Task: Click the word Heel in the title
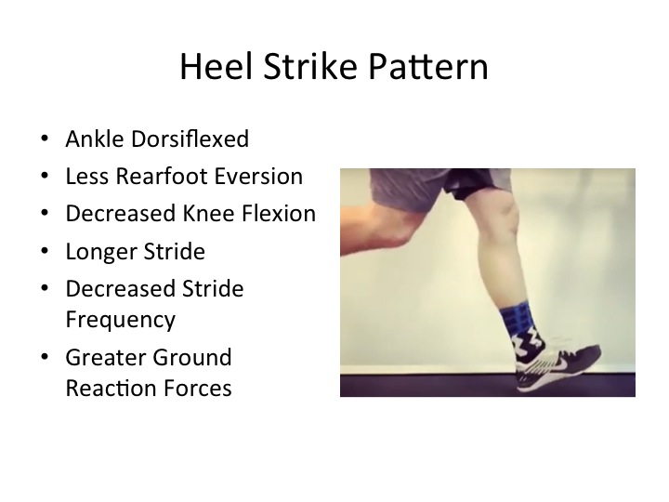216,67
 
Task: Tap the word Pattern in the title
428,67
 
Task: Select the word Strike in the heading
310,67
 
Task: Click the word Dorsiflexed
190,139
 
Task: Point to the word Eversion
258,177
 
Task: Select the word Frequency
121,320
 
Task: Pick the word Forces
198,389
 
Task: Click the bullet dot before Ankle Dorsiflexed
45,139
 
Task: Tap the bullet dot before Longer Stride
45,251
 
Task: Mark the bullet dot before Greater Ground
45,357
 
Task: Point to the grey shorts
439,187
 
